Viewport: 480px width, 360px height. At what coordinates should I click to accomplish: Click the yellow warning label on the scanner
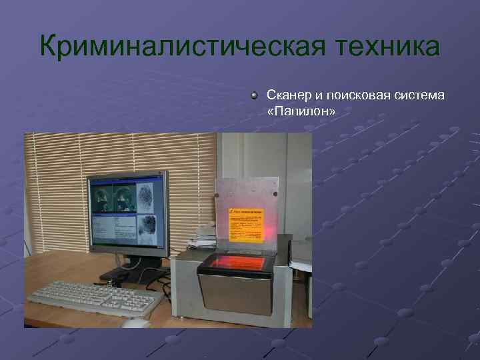point(247,223)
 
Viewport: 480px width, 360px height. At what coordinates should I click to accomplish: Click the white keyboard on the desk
point(93,297)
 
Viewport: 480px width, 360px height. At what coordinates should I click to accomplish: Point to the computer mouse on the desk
point(137,323)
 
